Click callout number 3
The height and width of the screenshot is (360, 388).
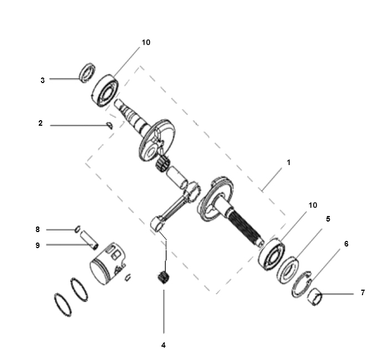point(43,80)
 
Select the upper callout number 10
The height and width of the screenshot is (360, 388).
point(146,42)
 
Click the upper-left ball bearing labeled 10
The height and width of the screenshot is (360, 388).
point(105,90)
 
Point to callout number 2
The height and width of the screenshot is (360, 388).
point(40,123)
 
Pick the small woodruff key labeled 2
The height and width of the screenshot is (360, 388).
point(109,125)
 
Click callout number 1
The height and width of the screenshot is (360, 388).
point(289,162)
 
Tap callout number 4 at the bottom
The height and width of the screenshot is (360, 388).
point(164,345)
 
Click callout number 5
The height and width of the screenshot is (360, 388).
point(328,219)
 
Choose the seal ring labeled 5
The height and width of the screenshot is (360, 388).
point(288,270)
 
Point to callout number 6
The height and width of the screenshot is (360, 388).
point(346,244)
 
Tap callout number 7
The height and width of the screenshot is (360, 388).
point(363,292)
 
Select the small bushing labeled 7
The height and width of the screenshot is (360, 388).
point(314,297)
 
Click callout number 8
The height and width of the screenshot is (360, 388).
point(37,229)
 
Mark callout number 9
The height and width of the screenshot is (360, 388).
point(37,245)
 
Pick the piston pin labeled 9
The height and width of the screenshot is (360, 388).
point(89,240)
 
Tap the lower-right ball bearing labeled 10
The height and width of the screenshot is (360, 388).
point(271,254)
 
